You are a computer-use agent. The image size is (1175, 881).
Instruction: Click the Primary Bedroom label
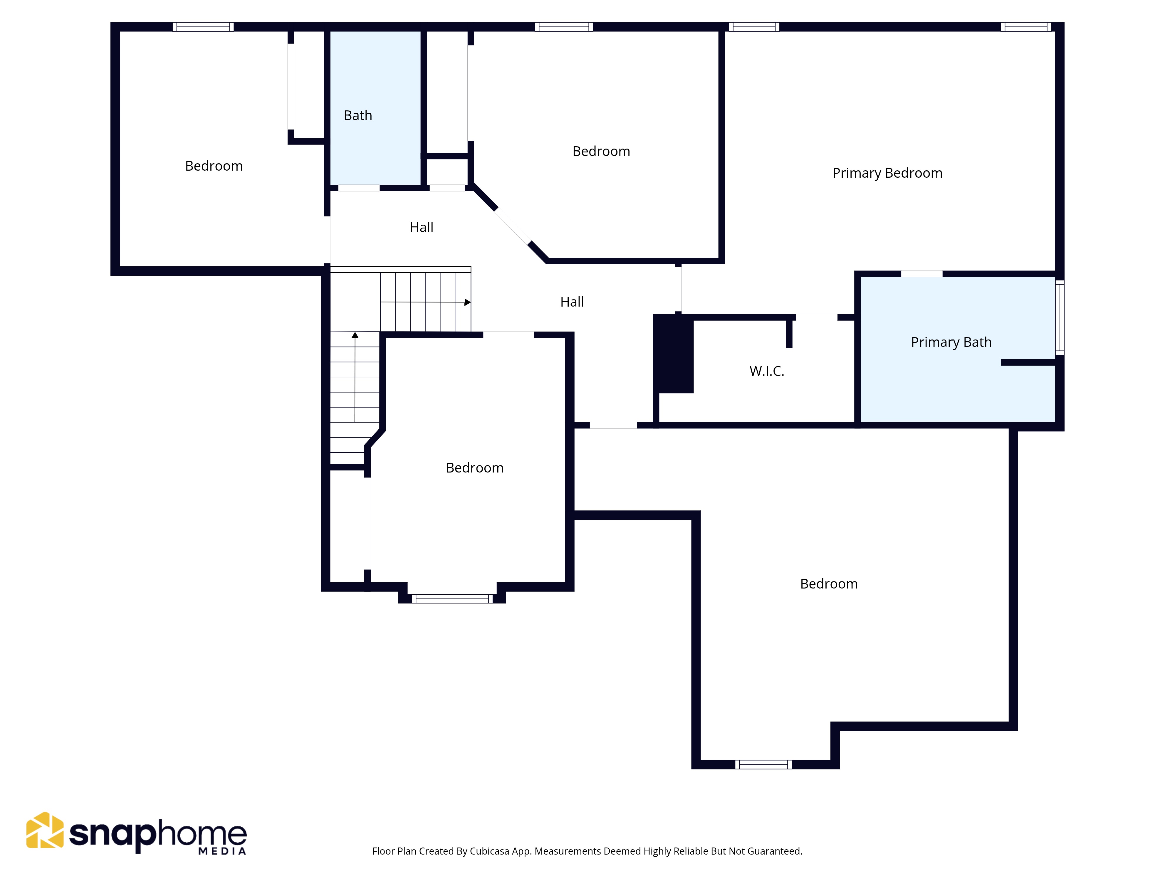[887, 173]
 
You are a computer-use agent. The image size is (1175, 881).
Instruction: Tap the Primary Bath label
[951, 342]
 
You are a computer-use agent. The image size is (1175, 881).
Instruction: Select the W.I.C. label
[766, 371]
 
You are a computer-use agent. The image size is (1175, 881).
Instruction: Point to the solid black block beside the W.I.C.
[673, 354]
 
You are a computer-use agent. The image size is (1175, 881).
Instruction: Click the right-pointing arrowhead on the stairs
[467, 302]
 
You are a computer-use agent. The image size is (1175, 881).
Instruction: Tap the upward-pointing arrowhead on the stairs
[355, 335]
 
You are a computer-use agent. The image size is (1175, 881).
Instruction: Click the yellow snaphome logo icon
[45, 830]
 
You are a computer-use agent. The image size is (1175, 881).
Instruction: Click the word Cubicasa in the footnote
[489, 851]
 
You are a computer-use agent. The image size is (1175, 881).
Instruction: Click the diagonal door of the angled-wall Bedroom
[513, 226]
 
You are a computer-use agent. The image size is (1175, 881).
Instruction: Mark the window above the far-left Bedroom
[203, 26]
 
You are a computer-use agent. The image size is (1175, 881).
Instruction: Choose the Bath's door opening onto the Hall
[359, 188]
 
